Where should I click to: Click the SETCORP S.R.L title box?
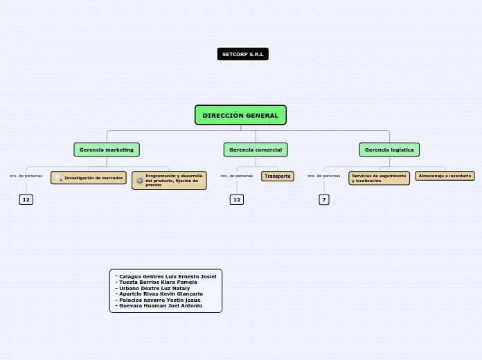click(242, 54)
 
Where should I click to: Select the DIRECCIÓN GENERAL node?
click(240, 116)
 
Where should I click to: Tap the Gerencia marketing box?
click(107, 150)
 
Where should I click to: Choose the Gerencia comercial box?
click(256, 150)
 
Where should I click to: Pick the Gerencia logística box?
click(389, 150)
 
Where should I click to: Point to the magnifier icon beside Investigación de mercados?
click(59, 178)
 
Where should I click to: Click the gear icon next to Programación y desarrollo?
click(140, 181)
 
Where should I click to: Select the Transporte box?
click(278, 177)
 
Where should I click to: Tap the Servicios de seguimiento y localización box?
click(379, 179)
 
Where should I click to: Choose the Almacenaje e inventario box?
click(445, 176)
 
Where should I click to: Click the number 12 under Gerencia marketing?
click(26, 200)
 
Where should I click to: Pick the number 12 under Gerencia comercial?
click(237, 200)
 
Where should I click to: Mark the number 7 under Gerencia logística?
click(324, 200)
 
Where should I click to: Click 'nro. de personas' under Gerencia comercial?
click(236, 176)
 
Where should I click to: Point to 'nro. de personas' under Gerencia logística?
click(323, 176)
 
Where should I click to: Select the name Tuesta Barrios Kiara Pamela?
click(158, 282)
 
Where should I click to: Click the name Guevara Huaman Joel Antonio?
click(161, 306)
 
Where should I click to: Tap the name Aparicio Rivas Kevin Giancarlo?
click(161, 294)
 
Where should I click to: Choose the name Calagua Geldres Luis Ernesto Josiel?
click(168, 276)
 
